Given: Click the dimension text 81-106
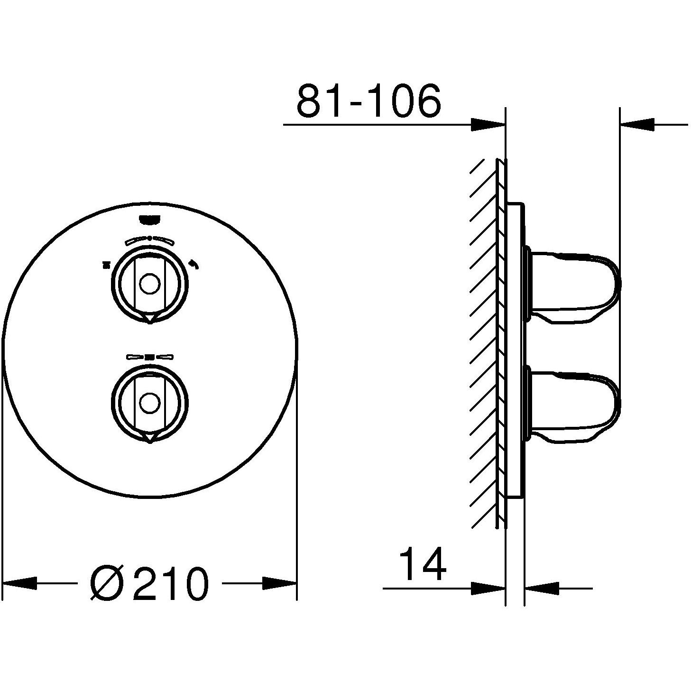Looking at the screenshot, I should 369,101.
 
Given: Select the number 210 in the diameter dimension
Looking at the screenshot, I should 170,584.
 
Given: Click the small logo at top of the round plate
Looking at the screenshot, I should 149,219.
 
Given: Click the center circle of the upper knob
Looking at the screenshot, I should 149,285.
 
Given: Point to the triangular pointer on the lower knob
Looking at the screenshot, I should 149,437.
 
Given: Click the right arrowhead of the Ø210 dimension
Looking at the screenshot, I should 280,583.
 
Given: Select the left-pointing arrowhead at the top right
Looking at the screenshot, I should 637,125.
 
